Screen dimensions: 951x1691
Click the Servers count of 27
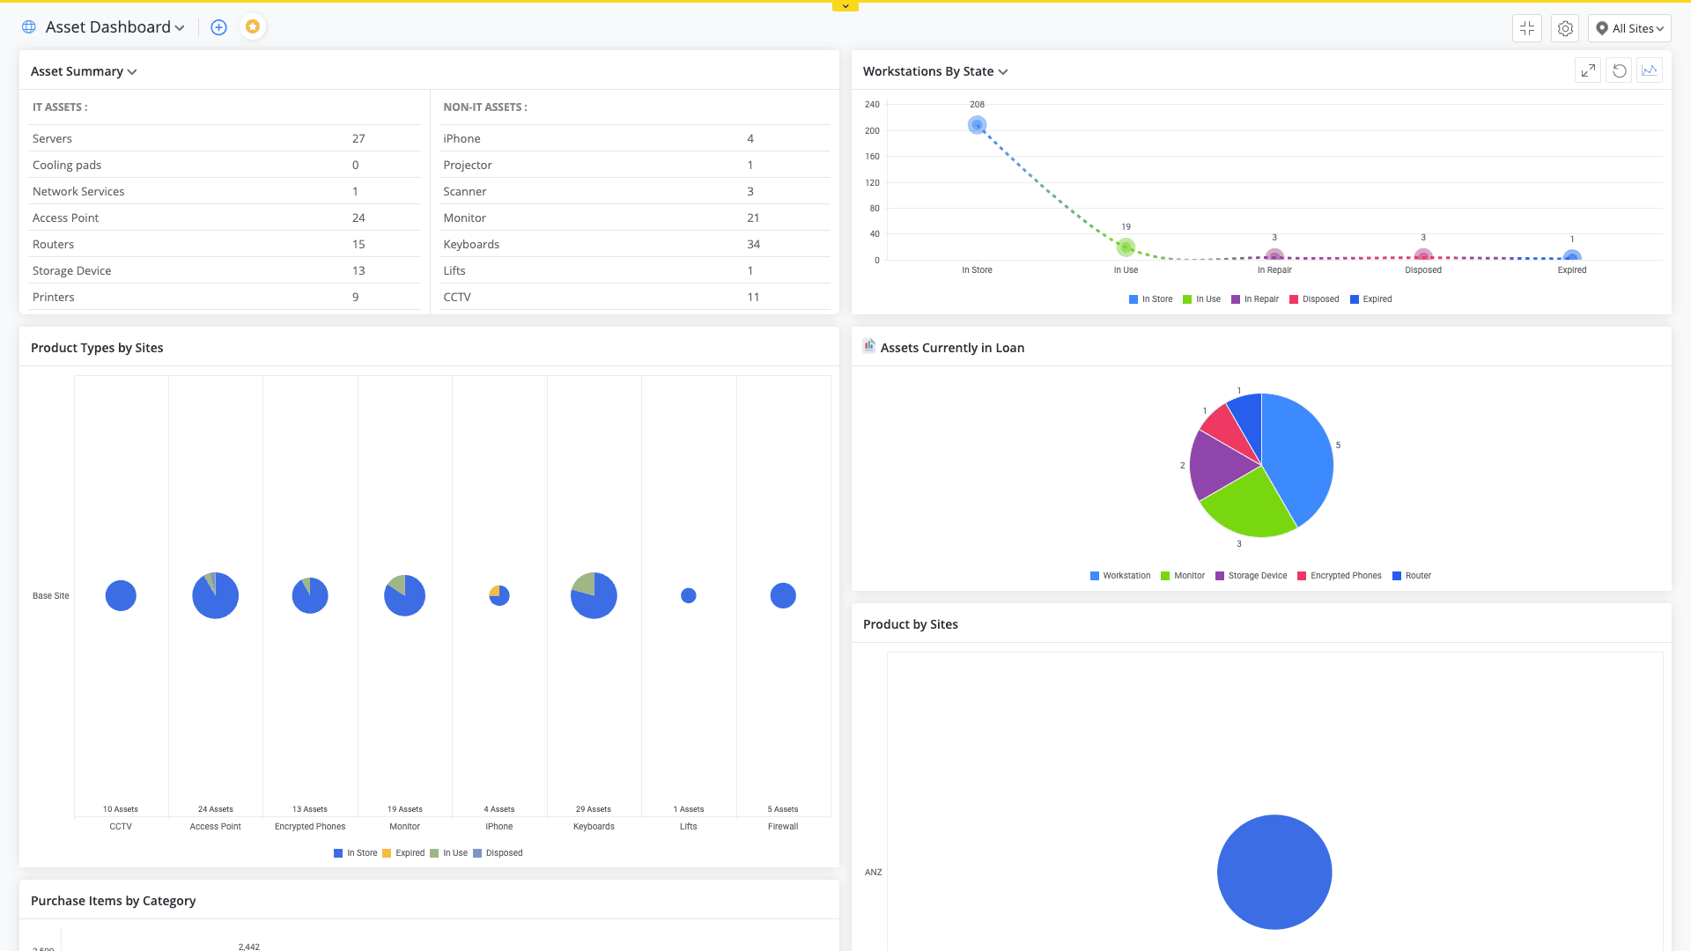(358, 138)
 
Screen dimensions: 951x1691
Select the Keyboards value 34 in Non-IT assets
(753, 244)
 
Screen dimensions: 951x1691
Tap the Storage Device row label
(71, 270)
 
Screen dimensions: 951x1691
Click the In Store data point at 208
(977, 125)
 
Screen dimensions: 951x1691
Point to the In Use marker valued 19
(1126, 247)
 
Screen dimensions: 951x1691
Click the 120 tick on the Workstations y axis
(872, 182)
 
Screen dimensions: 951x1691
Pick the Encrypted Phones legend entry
(1340, 576)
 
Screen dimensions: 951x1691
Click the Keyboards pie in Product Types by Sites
(594, 596)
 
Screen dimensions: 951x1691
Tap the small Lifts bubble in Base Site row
(689, 596)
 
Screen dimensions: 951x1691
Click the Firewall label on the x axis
(783, 827)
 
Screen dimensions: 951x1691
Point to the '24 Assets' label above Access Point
(216, 809)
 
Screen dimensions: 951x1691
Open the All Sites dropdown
(1629, 28)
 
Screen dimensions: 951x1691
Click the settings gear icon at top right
(1565, 28)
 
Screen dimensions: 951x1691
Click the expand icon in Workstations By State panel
(1588, 70)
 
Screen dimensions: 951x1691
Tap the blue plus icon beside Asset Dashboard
(219, 27)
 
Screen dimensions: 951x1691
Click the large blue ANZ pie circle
(1274, 872)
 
